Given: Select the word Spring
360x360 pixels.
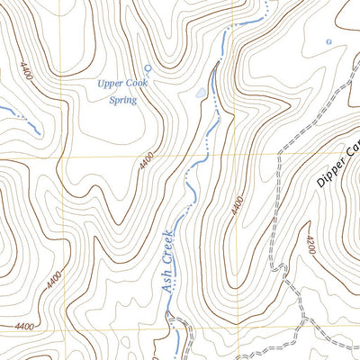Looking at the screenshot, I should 121,100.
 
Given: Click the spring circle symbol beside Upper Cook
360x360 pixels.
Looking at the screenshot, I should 148,67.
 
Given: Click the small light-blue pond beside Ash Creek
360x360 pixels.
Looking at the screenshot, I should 199,92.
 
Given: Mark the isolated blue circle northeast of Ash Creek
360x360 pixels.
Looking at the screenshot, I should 328,42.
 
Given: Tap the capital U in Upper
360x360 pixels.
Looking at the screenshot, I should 102,83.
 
